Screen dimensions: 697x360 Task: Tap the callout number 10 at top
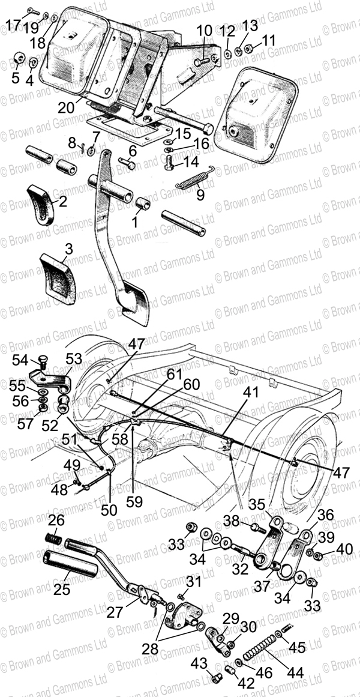pos(204,30)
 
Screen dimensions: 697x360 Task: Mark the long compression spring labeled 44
pos(266,649)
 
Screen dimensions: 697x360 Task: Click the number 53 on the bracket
pos(74,359)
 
